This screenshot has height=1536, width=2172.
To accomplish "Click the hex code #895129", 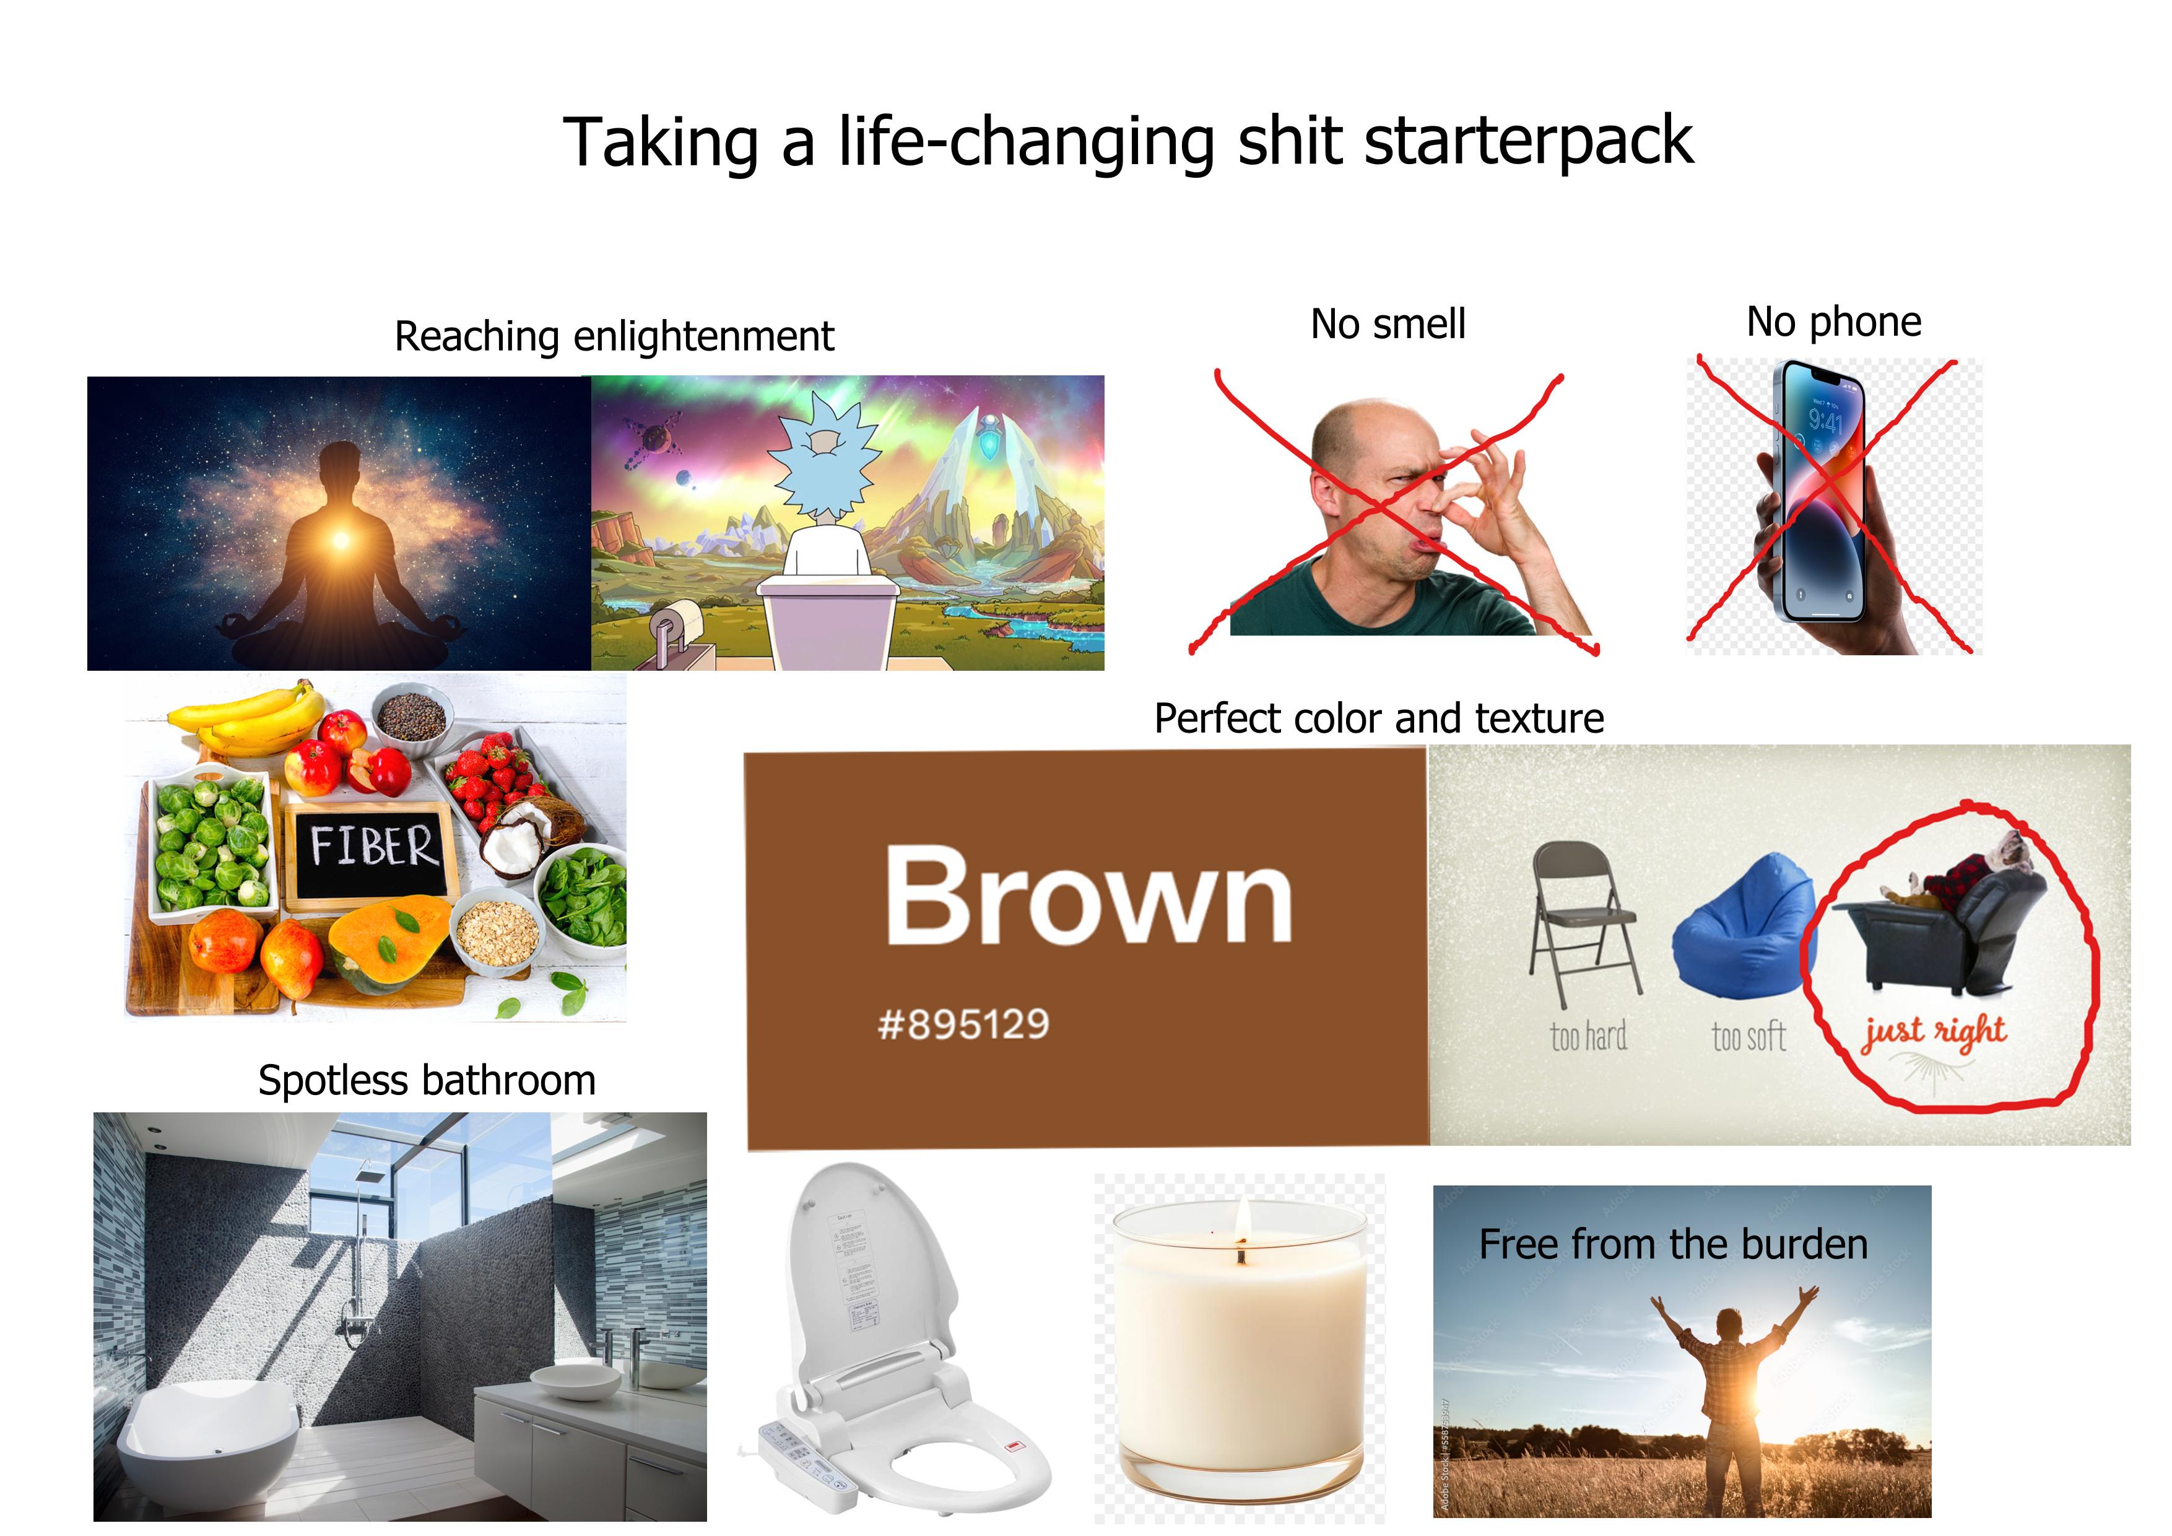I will (963, 1024).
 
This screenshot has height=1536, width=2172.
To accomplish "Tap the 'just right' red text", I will (1935, 1032).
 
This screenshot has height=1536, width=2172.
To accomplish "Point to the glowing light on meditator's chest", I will (342, 539).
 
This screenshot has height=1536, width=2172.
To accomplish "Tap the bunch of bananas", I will (248, 719).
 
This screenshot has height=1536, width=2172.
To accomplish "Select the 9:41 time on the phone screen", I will (1825, 418).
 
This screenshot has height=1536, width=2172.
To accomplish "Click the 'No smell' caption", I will (1387, 325).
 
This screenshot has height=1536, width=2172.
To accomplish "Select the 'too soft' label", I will (1748, 1038).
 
